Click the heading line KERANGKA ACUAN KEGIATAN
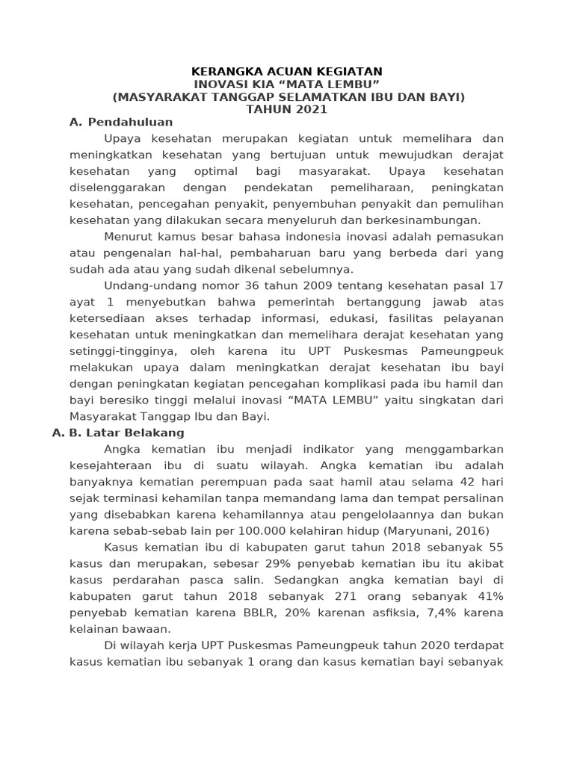[x=287, y=72]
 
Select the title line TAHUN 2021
[x=287, y=110]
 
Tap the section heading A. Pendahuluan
[x=121, y=123]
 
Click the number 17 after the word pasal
[x=496, y=285]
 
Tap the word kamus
[x=170, y=237]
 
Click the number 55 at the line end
[x=496, y=548]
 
